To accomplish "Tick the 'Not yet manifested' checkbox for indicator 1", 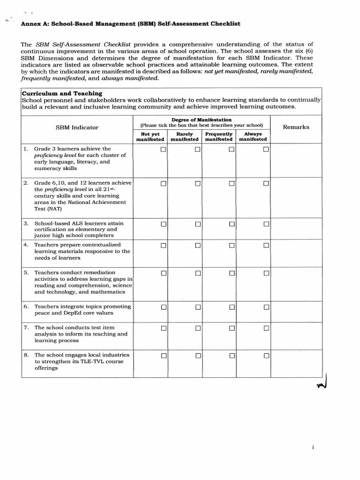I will [164, 150].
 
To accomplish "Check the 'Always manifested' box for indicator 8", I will [266, 356].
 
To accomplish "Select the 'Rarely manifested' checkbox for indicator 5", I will [198, 273].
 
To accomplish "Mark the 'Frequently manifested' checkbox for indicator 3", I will [232, 224].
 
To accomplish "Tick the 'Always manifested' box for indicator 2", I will [266, 183].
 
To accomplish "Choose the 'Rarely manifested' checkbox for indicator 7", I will [198, 328].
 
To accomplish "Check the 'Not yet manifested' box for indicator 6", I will [164, 307].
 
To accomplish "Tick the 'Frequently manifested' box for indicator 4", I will [232, 246].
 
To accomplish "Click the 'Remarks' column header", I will [296, 127].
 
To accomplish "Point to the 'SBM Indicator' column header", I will [77, 127].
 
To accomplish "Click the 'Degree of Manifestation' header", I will [202, 120].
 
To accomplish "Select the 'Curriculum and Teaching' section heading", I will [62, 93].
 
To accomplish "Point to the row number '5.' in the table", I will [26, 272].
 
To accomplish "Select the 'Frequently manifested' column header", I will [219, 136].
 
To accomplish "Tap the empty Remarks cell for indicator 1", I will [296, 160].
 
